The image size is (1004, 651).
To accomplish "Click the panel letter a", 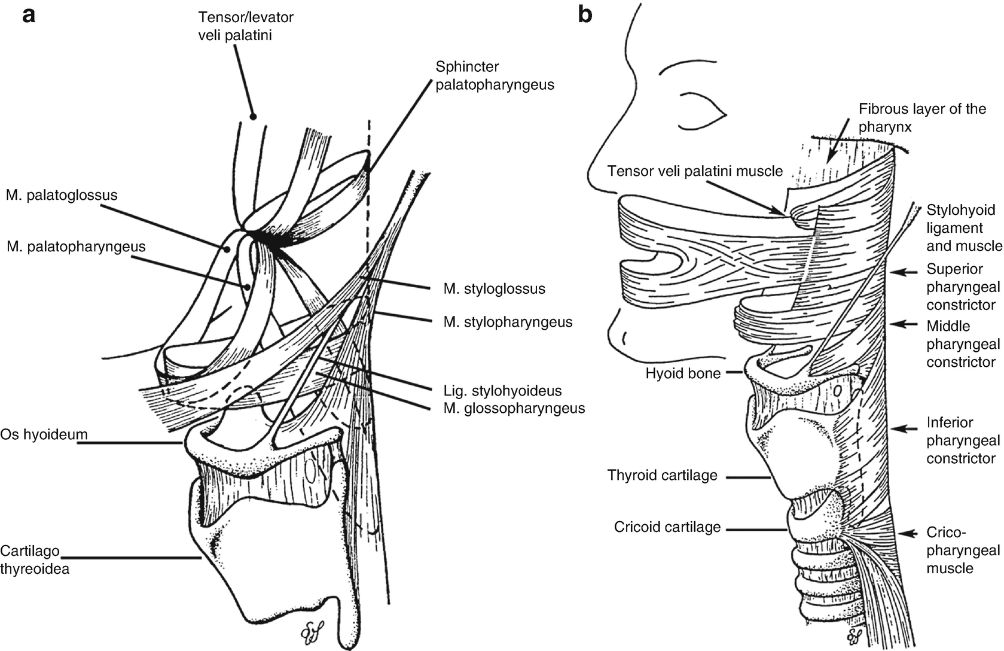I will tap(29, 15).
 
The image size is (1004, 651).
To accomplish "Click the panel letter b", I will tap(585, 15).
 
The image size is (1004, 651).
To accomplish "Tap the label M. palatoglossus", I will tap(62, 195).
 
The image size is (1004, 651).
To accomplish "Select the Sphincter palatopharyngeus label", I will tap(495, 76).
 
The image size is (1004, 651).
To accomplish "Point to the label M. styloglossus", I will tap(494, 289).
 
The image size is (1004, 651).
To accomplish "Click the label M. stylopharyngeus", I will tap(508, 323).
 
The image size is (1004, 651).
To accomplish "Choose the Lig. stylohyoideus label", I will tap(502, 391).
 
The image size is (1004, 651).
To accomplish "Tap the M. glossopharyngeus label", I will tap(514, 409).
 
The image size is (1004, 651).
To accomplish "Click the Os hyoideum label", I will tap(44, 434).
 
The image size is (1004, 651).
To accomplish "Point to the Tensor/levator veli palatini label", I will tap(246, 26).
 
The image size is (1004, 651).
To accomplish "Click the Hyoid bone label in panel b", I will tap(683, 374).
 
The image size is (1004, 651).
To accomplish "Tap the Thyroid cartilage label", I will tap(662, 476).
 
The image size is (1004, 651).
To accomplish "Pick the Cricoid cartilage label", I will tap(667, 527).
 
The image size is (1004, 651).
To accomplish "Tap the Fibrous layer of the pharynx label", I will tap(922, 118).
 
